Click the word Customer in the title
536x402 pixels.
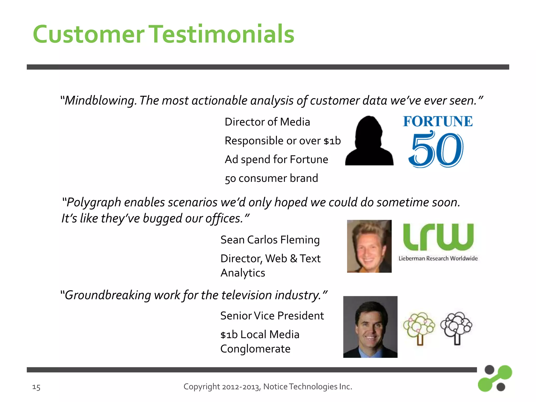click(88, 35)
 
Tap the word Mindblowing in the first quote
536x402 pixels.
click(100, 101)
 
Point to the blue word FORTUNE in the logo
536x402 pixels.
click(438, 121)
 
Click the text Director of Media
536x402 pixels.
click(267, 122)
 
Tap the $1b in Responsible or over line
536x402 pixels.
click(332, 141)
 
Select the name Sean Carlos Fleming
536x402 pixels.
click(270, 240)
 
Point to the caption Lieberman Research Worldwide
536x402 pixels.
click(438, 259)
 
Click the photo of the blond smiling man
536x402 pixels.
click(369, 246)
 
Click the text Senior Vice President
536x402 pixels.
click(272, 316)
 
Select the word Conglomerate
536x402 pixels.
click(255, 349)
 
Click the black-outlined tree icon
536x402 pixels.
click(456, 328)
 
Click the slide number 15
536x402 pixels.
click(36, 387)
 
